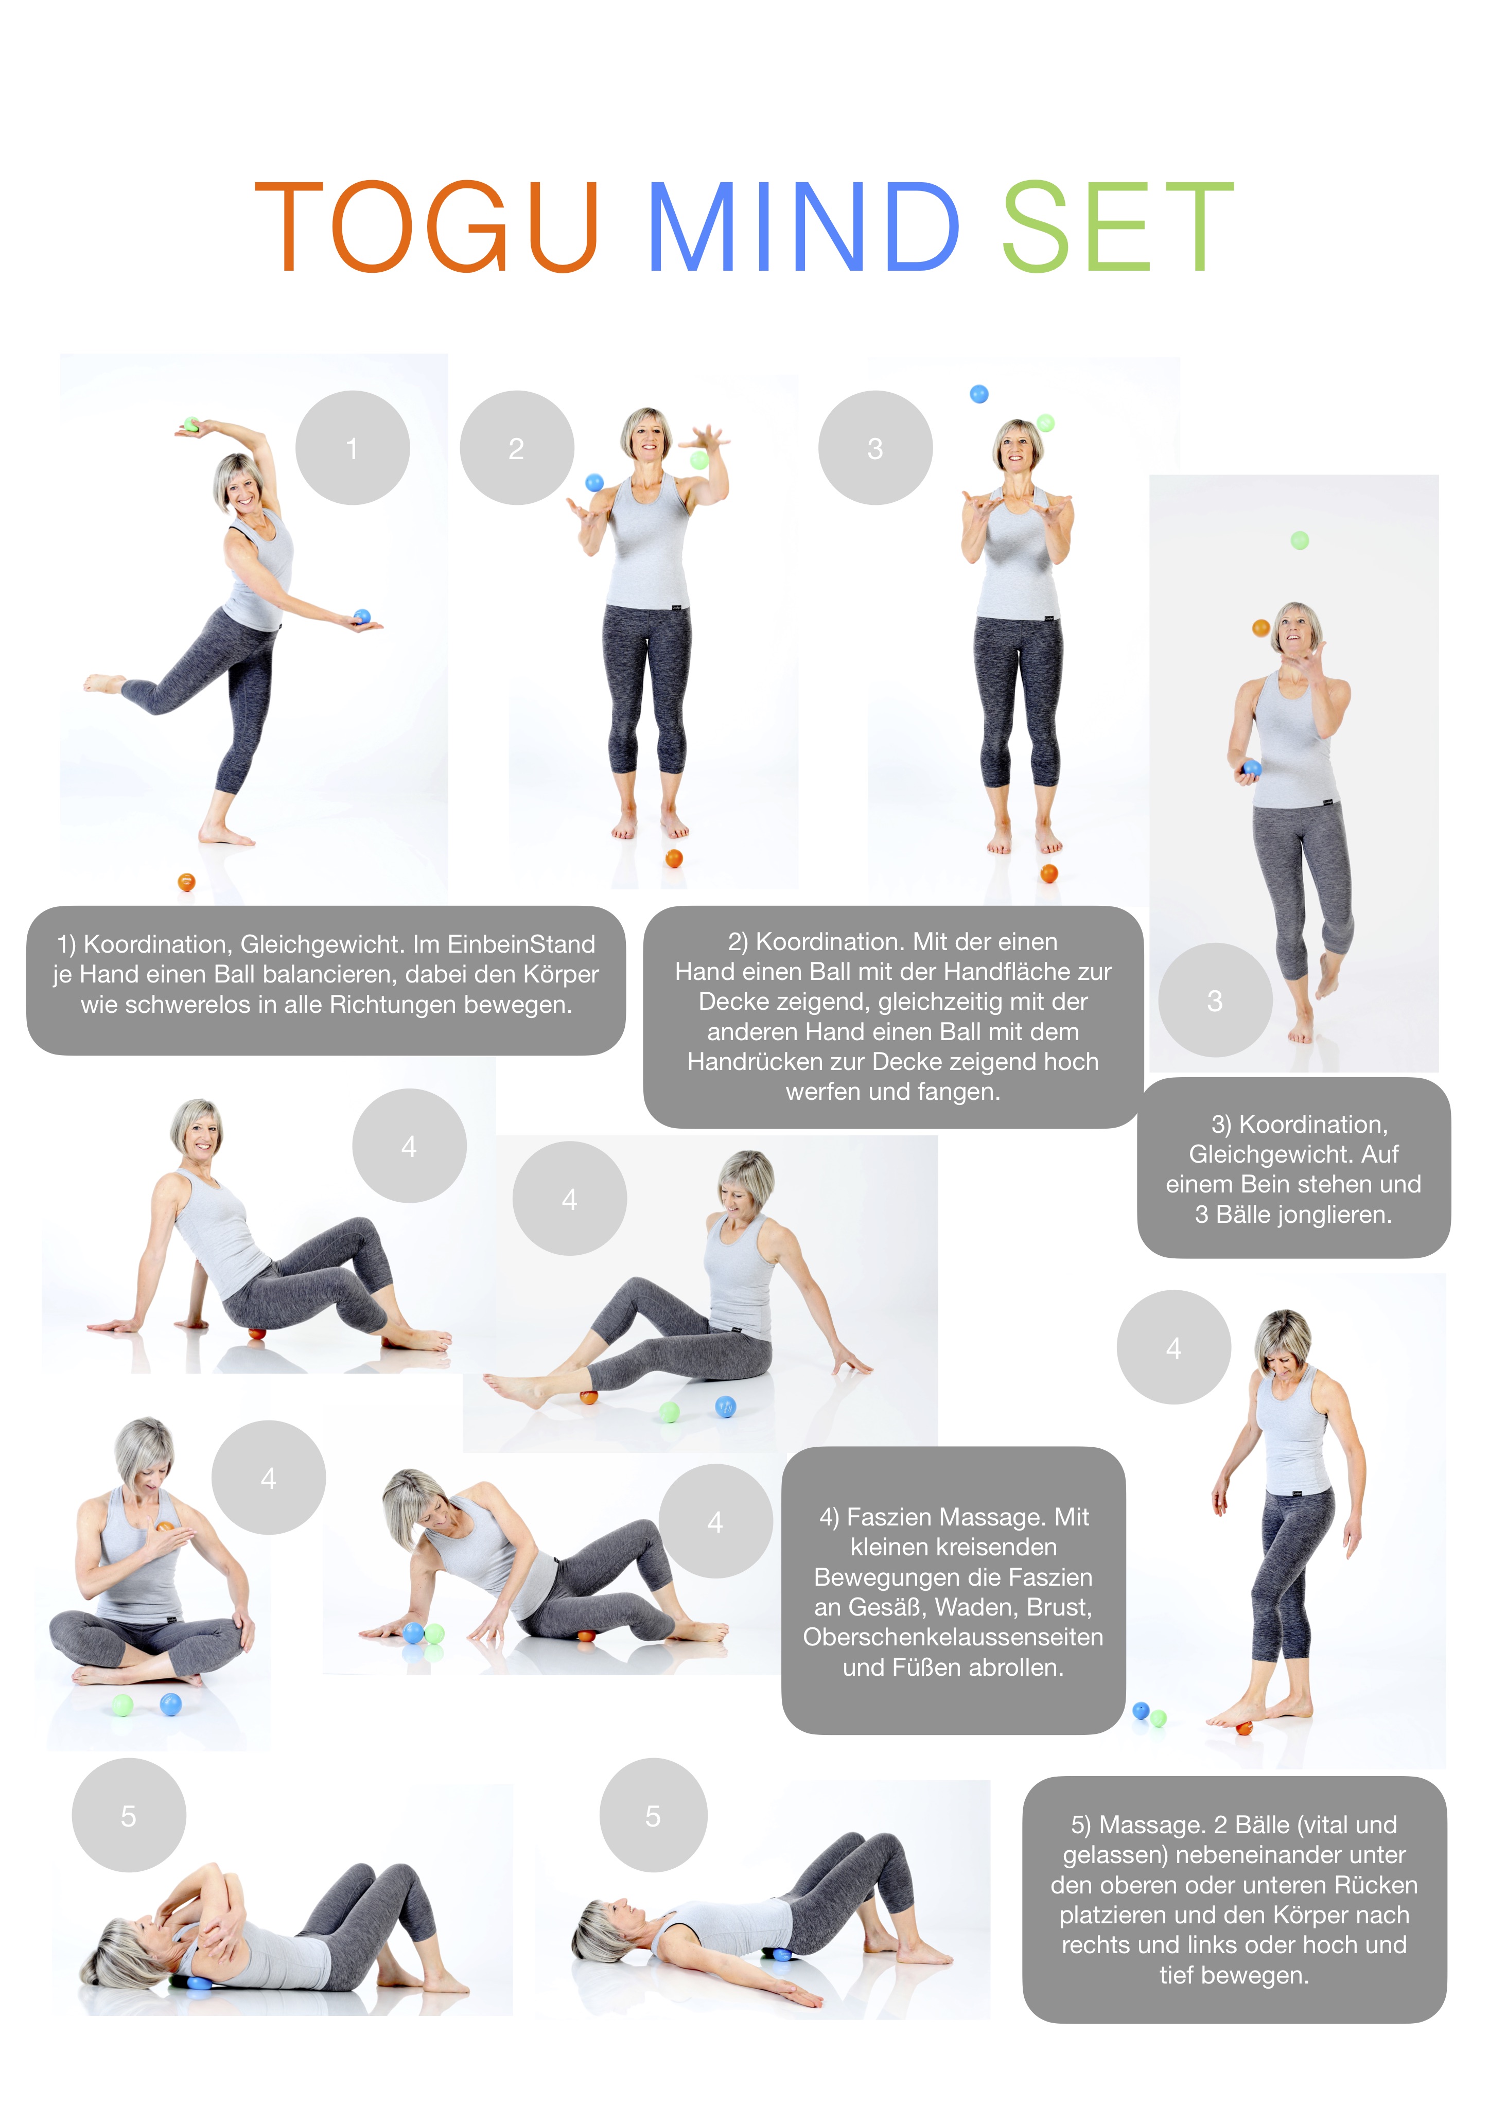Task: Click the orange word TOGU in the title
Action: [427, 226]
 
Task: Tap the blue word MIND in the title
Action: [803, 226]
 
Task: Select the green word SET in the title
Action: [1117, 226]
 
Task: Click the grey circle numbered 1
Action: [352, 448]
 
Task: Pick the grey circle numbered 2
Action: [517, 448]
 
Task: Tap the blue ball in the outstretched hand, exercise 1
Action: [361, 617]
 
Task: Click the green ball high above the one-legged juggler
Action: [1299, 540]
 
